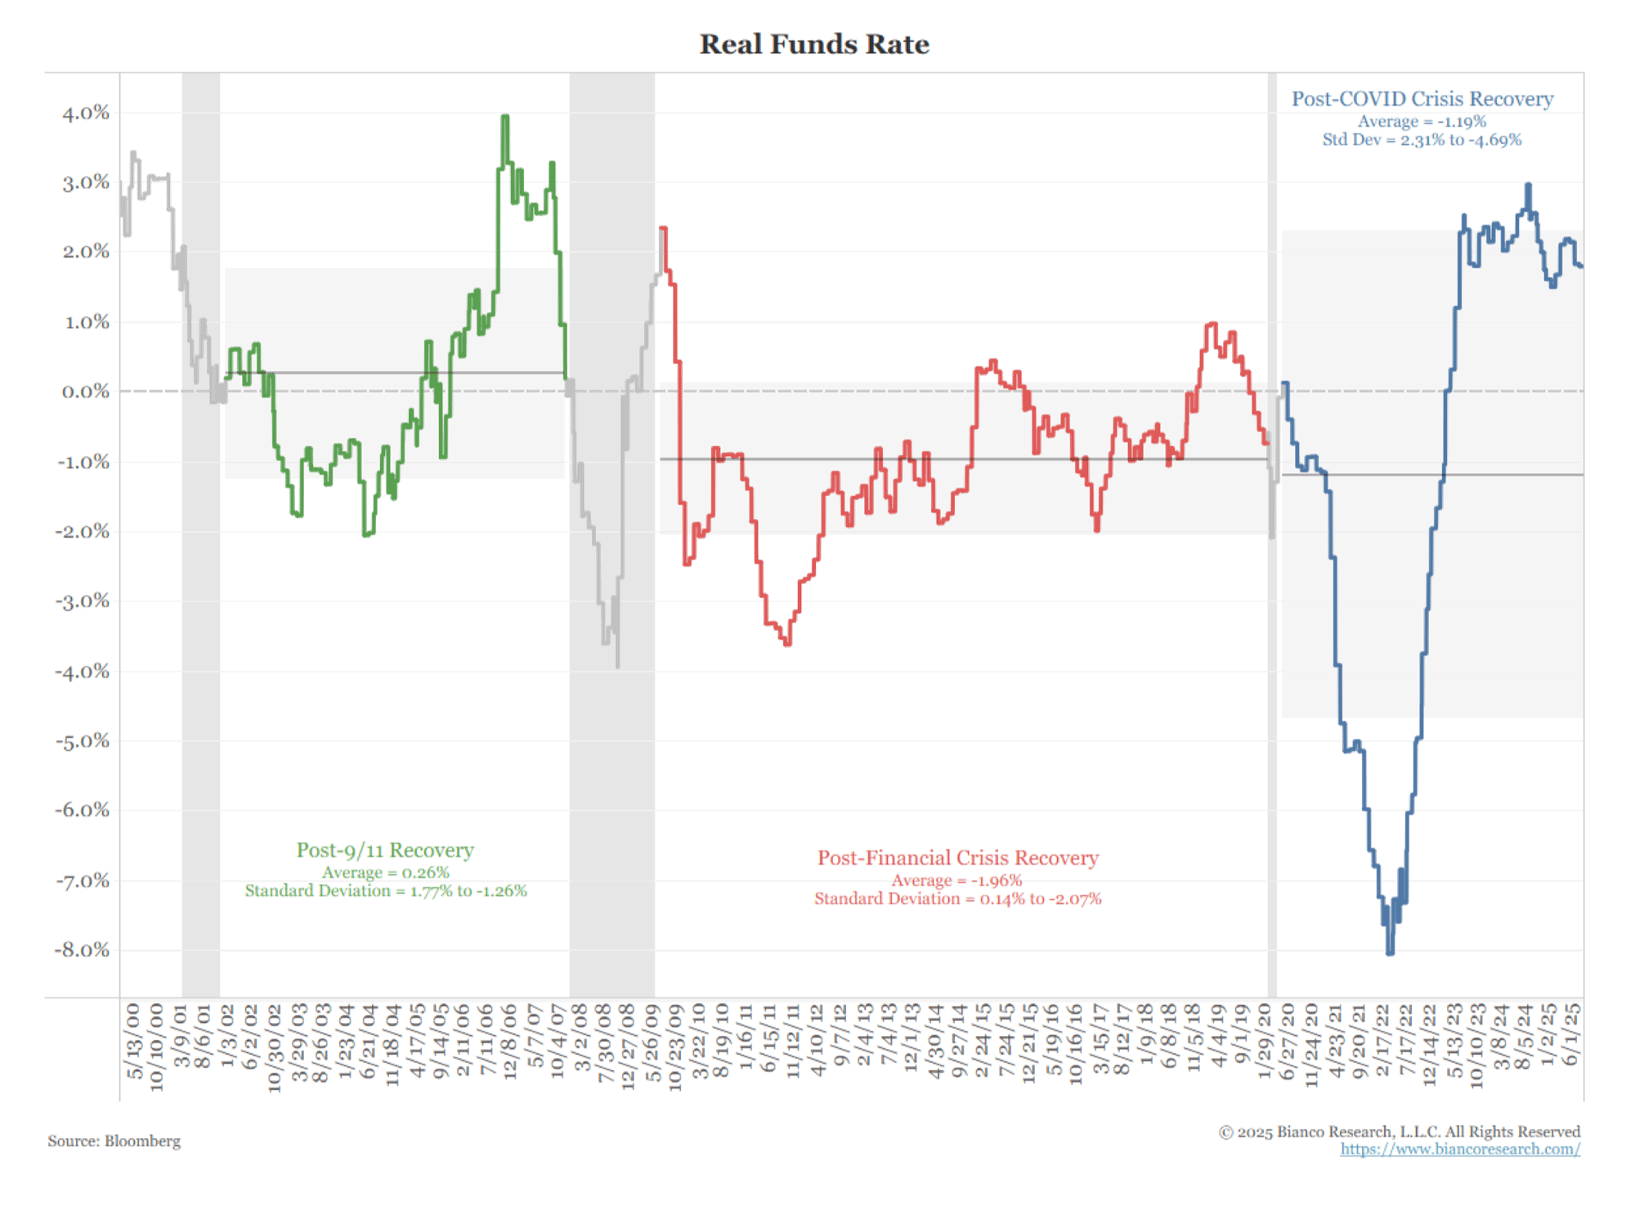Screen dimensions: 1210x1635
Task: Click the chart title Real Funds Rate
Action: [x=814, y=44]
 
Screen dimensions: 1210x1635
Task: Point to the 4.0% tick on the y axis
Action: [x=85, y=113]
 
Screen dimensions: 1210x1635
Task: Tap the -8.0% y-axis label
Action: [x=82, y=950]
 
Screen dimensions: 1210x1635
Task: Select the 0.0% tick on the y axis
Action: [x=85, y=391]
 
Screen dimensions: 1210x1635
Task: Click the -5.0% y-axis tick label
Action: [x=82, y=741]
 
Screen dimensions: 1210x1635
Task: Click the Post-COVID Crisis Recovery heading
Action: [x=1422, y=99]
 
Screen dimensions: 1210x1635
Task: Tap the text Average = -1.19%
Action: [x=1422, y=122]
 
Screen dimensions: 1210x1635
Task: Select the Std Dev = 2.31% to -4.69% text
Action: [x=1422, y=140]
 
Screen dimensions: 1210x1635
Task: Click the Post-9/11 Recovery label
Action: [x=385, y=851]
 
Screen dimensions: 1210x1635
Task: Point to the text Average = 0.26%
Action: [x=385, y=873]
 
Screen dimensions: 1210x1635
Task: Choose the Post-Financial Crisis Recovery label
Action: [x=958, y=858]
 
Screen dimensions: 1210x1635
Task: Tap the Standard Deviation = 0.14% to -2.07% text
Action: [x=957, y=899]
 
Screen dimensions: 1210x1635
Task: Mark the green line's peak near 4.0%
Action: [x=505, y=118]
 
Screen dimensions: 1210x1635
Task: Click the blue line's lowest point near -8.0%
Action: [x=1390, y=952]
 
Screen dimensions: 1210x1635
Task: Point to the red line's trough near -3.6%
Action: [x=787, y=644]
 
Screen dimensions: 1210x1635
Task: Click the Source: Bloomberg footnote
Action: [x=114, y=1141]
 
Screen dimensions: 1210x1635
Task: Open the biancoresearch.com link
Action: [x=1459, y=1150]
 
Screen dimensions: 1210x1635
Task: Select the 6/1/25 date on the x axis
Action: [x=1570, y=1035]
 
